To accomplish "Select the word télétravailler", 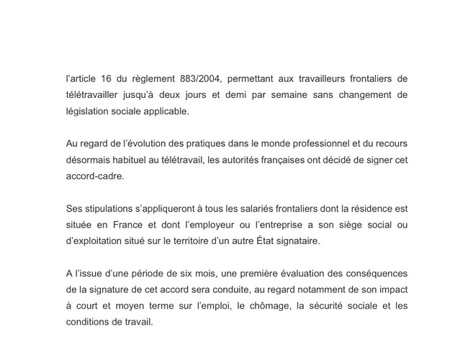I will [94, 96].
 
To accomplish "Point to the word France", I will [133, 225].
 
